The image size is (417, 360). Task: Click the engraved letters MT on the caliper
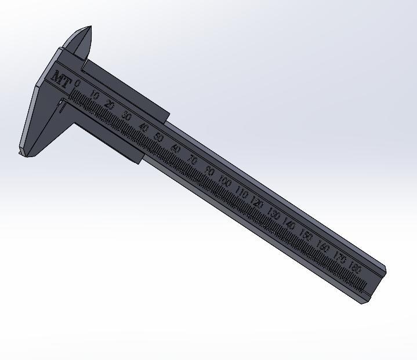pos(61,79)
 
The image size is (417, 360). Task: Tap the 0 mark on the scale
pos(78,85)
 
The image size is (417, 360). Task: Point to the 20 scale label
pos(110,105)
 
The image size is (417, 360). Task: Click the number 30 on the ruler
pos(126,116)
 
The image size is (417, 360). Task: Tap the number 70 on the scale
pos(192,160)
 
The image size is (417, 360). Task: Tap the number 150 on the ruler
pos(306,237)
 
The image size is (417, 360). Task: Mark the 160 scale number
pos(323,248)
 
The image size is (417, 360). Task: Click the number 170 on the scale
pos(340,259)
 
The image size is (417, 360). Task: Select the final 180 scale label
pos(356,269)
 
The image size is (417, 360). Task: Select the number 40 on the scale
pos(143,128)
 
